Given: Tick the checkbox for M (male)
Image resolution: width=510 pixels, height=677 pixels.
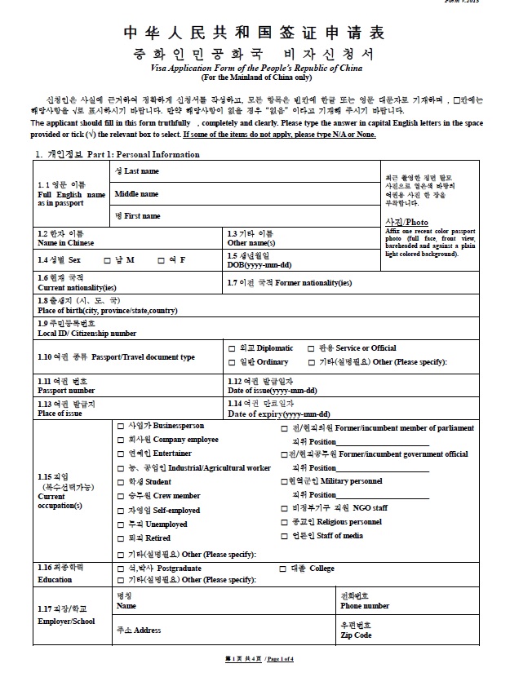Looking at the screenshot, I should point(108,260).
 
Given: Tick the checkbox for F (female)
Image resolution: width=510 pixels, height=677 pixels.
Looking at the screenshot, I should point(160,260).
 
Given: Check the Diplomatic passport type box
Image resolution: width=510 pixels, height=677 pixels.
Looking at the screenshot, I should point(232,348).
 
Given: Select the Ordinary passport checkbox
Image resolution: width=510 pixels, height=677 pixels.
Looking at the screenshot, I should point(232,363).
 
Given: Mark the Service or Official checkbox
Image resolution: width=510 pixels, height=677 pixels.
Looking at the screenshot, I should point(310,348).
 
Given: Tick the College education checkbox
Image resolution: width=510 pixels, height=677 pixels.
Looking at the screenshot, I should point(284,568).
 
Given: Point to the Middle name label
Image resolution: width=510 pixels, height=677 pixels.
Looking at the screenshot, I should point(136,194).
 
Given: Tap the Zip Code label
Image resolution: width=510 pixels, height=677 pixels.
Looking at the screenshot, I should point(356,635).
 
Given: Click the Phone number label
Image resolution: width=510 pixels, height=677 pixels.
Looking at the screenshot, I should point(365,606).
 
